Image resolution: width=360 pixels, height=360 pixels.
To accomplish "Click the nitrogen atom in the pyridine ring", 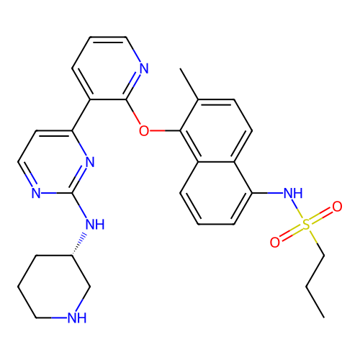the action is click(x=144, y=68).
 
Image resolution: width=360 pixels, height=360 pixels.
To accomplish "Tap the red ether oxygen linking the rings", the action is click(x=144, y=131).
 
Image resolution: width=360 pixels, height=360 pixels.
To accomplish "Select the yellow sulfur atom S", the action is click(x=306, y=225).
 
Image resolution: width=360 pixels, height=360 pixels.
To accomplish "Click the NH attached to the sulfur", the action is click(x=293, y=193).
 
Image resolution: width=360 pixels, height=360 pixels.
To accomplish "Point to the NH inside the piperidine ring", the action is click(x=77, y=318).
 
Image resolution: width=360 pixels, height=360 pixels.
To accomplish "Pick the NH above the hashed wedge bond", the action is click(x=95, y=224).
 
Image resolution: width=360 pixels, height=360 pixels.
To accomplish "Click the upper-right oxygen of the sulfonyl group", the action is click(x=337, y=207).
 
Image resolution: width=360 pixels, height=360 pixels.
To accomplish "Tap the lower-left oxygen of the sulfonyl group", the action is click(x=275, y=242).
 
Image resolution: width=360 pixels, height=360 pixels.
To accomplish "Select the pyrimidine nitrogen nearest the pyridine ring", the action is click(x=90, y=162).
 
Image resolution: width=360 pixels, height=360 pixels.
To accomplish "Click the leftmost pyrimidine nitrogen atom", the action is click(x=36, y=193).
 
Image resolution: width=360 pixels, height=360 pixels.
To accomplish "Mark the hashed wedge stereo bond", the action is click(x=78, y=244).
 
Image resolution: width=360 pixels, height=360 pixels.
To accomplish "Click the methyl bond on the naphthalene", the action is click(x=189, y=84).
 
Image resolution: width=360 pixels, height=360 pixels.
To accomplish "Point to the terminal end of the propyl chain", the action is click(x=324, y=318).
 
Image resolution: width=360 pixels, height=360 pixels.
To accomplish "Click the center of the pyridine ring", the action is click(x=108, y=68).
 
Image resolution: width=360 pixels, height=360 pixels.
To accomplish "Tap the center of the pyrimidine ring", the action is click(x=54, y=162).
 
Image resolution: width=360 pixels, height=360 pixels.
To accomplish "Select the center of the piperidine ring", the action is click(x=54, y=287).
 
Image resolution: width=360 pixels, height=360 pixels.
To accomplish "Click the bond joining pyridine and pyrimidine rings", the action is click(x=81, y=115).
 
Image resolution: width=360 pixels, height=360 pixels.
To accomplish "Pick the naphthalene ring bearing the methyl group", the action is click(x=216, y=131).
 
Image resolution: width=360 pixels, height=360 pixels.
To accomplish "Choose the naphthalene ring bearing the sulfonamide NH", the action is click(x=216, y=193).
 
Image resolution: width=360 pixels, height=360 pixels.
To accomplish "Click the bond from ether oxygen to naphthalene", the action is click(x=165, y=131).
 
